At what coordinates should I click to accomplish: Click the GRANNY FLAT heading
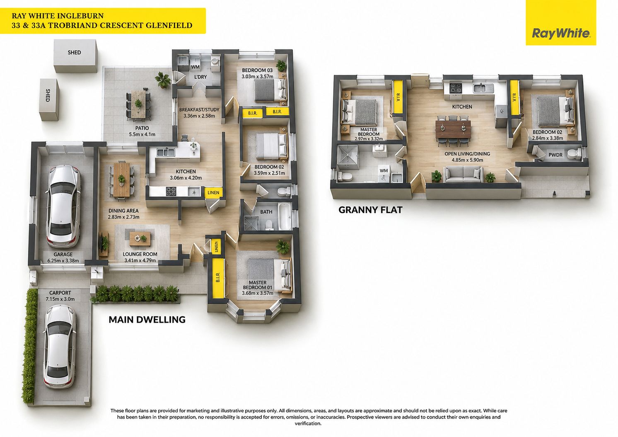click(x=370, y=210)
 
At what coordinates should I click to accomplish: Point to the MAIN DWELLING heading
click(x=147, y=320)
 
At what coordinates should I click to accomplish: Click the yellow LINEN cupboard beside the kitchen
click(x=213, y=192)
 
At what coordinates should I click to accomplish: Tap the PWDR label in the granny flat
click(x=555, y=155)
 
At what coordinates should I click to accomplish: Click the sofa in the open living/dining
click(x=464, y=175)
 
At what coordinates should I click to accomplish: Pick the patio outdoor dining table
click(x=138, y=103)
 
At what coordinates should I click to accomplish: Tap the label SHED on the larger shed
click(x=74, y=53)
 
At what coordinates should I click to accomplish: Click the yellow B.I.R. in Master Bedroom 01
click(x=218, y=278)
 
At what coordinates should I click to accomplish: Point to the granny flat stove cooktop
click(x=456, y=88)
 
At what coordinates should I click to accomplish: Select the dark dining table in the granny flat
click(x=453, y=129)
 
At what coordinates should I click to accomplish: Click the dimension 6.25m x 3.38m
click(x=63, y=260)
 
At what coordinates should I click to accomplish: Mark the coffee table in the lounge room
click(x=140, y=239)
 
